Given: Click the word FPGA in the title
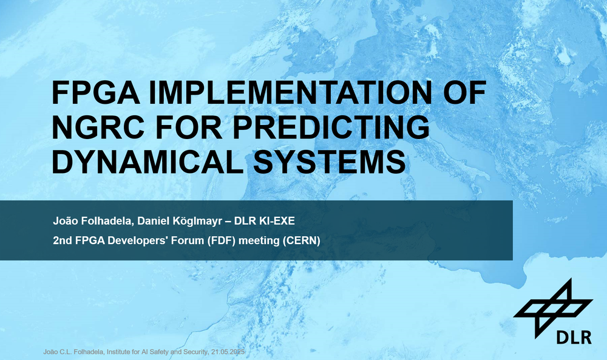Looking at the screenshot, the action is point(96,92).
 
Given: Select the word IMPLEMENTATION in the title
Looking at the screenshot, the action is point(290,92).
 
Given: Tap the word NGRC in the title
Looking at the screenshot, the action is point(98,127).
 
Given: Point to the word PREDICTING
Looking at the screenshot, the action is point(331,127).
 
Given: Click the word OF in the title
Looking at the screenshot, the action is point(464,92).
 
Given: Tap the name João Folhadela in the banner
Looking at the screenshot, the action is point(93,221).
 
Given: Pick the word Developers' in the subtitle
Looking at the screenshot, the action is point(138,241).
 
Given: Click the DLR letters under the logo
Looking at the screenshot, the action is point(574,338).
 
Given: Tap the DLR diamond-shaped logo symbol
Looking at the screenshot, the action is point(553,308).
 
